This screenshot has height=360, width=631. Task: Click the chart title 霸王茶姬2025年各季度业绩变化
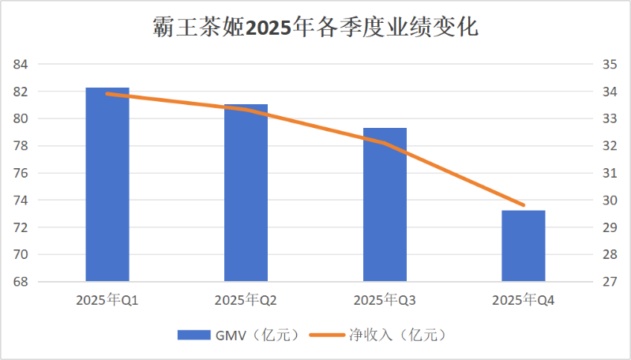pos(315,28)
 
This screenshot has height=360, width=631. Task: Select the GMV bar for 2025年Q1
pos(107,184)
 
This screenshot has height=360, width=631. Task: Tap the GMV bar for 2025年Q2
pos(246,193)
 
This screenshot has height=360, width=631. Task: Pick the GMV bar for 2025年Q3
pos(385,204)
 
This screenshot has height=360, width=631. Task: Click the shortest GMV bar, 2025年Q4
pos(524,246)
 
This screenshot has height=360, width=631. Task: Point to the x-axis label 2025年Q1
pos(107,301)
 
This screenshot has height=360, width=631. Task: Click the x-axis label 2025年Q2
pos(246,301)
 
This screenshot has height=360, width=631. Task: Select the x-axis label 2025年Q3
pos(385,301)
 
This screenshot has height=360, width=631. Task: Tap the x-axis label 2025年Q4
pos(524,301)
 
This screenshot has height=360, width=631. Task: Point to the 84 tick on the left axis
pos(21,65)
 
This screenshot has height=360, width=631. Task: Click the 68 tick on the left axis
pos(21,282)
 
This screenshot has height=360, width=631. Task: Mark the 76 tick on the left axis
pos(21,173)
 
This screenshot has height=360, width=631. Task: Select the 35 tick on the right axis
pos(610,65)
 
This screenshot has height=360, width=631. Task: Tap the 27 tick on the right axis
pos(610,282)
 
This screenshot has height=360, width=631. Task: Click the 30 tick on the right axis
pos(610,201)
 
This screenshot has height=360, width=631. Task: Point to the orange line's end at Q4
pos(524,205)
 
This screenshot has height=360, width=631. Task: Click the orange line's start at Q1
pos(107,94)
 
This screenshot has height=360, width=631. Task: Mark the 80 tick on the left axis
pos(21,119)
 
